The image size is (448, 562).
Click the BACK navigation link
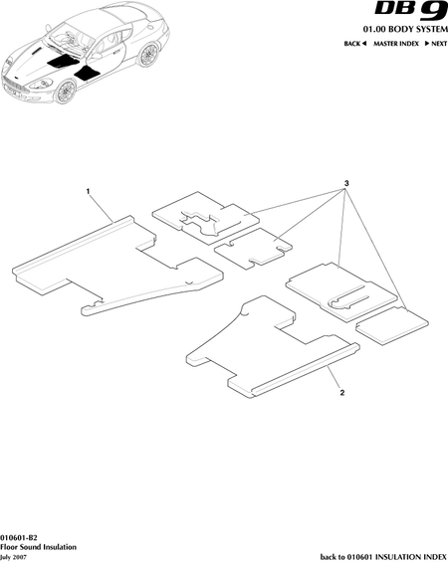click(354, 44)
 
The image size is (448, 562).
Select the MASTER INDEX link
click(396, 44)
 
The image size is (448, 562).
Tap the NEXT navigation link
click(436, 44)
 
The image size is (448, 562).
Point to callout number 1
click(88, 191)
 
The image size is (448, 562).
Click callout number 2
click(342, 393)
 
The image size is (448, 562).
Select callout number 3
click(346, 183)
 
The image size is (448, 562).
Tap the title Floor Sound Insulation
click(38, 547)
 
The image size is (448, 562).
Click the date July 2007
click(13, 558)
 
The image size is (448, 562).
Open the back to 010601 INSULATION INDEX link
click(384, 557)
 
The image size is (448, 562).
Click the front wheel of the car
click(65, 92)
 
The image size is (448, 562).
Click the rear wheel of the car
click(147, 55)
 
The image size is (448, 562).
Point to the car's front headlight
click(41, 85)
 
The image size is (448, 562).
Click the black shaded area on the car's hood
click(63, 62)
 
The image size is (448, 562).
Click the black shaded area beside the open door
click(86, 74)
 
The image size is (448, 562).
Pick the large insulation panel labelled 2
click(273, 348)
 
